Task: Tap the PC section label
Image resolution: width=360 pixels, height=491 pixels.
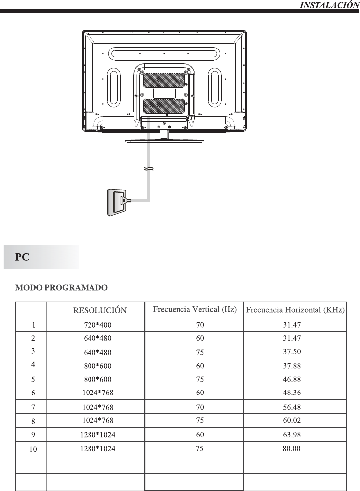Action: (21, 257)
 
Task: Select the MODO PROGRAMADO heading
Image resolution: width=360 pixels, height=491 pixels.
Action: (62, 287)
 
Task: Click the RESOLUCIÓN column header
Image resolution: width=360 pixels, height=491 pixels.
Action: (99, 311)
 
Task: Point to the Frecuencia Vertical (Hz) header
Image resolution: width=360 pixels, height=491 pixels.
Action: (195, 310)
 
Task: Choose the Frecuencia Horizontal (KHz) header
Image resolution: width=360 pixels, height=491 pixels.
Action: (295, 310)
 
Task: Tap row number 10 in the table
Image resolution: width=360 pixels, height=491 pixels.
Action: (31, 450)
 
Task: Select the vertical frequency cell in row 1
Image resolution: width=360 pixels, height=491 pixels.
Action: (194, 325)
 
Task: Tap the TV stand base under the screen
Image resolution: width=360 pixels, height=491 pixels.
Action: (163, 140)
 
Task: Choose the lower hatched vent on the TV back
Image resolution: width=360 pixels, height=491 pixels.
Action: (164, 106)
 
